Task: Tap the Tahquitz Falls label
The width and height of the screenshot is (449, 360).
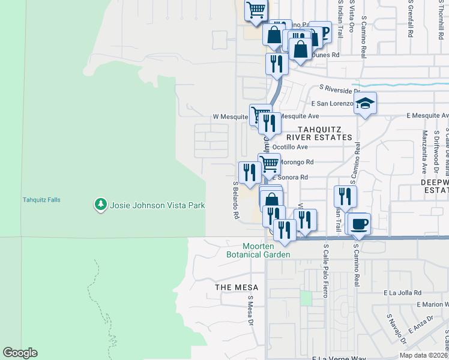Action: (x=41, y=200)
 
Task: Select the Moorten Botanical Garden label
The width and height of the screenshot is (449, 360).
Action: (x=267, y=250)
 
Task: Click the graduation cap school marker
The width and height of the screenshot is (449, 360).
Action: (x=365, y=104)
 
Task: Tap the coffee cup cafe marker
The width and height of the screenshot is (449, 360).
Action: (x=360, y=224)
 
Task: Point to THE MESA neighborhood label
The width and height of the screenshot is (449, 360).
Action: (x=236, y=287)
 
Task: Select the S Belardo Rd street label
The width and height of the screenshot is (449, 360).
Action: (x=237, y=199)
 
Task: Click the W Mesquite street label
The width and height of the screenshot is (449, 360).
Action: (x=231, y=116)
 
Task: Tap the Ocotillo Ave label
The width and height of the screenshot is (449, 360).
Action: (x=290, y=146)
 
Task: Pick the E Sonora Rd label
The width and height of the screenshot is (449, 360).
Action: (x=290, y=178)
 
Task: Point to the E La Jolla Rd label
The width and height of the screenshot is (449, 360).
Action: (x=402, y=293)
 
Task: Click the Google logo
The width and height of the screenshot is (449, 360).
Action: (x=20, y=353)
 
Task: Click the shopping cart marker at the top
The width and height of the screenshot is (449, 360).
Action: (x=256, y=10)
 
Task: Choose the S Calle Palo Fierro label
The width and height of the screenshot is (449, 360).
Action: (x=326, y=271)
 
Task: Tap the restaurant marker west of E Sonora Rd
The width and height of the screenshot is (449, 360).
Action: (x=249, y=172)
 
